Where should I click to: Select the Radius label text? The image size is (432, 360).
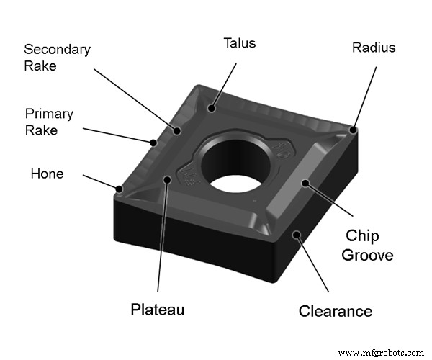coord(374,48)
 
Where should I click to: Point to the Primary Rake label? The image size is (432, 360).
coord(48,122)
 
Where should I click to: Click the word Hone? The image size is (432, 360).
coord(47,174)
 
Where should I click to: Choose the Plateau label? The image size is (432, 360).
coord(157,310)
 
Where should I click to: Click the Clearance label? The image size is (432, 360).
coord(336,311)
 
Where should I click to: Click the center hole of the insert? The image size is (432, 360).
coord(236,166)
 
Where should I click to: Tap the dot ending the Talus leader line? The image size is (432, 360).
coord(212,109)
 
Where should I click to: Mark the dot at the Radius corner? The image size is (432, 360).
coord(354,130)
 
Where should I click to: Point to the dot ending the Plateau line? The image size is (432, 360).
coord(168,180)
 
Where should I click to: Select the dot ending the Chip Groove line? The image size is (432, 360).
coord(305,182)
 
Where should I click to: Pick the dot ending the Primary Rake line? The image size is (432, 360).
coord(153,143)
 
